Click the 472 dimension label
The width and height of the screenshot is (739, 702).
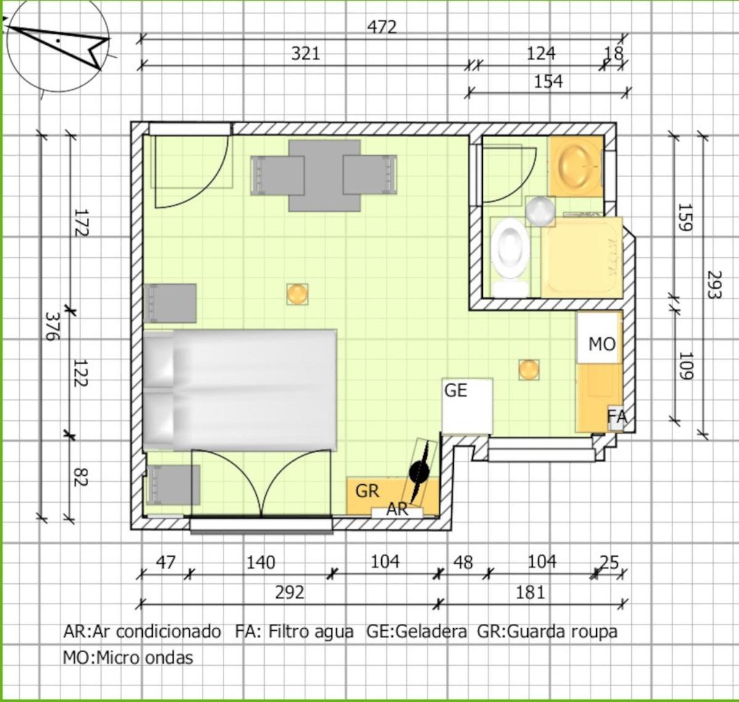point(382,27)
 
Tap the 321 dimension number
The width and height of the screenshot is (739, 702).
point(305,54)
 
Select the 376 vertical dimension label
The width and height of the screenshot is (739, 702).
point(52,325)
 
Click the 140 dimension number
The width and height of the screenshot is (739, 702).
point(261,563)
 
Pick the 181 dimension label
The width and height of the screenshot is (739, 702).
point(530,592)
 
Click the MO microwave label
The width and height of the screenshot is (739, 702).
point(602,344)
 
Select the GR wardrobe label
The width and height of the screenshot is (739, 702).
point(367,491)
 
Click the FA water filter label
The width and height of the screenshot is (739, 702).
point(617,416)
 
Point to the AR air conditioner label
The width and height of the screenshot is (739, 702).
point(397,509)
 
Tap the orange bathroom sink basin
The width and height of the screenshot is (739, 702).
point(575,166)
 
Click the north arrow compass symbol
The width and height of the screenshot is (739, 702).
point(59,47)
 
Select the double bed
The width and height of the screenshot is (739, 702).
point(240,390)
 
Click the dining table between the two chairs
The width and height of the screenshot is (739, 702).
point(325,175)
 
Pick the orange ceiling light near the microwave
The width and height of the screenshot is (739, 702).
point(529,370)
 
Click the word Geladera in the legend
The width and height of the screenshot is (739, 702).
point(431,631)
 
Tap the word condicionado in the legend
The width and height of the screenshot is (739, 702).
point(168,631)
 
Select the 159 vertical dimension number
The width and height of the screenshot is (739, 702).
point(684,217)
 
